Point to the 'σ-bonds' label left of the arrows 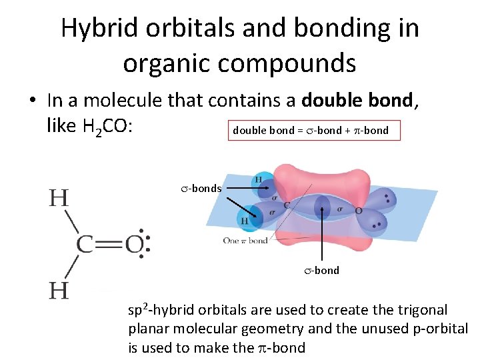(201, 189)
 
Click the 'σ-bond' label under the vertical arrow (323, 271)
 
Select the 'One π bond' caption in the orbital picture (245, 241)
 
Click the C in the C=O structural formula (85, 245)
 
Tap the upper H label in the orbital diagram (257, 179)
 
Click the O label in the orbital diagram (358, 211)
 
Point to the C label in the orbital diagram (287, 205)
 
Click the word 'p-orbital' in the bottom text (442, 329)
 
